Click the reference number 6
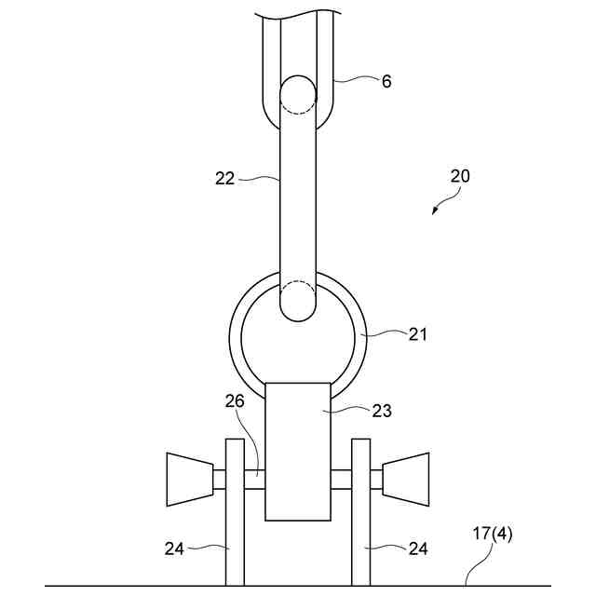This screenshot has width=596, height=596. pos(386,81)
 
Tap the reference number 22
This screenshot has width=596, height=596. pos(225,178)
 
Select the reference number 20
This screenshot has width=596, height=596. pos(460,176)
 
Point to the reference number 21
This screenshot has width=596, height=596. pos(417,334)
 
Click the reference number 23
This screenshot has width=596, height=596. pos(381,411)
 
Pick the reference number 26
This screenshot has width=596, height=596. pos(235,401)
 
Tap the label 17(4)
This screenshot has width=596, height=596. pos(493,534)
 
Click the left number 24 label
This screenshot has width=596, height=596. pos(174,549)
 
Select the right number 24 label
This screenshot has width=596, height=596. pos(418,549)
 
